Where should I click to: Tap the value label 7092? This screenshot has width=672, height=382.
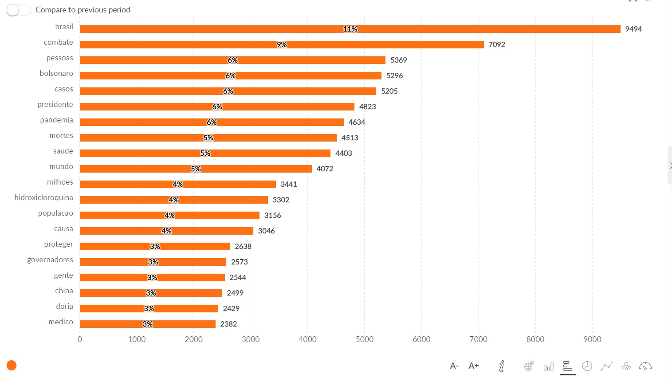(x=497, y=45)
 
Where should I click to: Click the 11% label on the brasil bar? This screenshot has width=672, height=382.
(x=350, y=29)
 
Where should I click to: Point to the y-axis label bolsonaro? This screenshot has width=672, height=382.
(x=56, y=74)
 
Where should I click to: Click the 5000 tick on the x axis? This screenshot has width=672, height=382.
(x=364, y=339)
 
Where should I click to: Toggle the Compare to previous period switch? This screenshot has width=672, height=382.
(x=18, y=10)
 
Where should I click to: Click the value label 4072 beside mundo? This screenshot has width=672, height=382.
(x=325, y=169)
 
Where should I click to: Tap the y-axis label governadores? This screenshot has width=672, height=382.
(x=50, y=260)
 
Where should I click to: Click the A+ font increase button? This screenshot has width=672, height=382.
(x=474, y=366)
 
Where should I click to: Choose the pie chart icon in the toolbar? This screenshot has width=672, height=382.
(x=587, y=366)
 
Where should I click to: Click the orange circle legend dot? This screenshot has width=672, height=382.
(x=12, y=366)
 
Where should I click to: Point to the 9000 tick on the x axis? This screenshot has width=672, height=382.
(x=592, y=339)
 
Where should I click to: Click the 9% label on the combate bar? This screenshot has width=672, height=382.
(x=282, y=45)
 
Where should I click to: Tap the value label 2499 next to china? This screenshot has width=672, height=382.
(x=235, y=293)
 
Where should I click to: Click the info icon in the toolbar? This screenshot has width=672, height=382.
(x=502, y=366)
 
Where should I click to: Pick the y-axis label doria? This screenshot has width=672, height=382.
(x=65, y=307)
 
